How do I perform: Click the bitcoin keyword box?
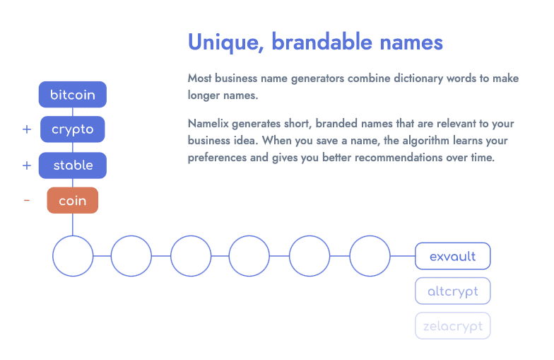(x=72, y=95)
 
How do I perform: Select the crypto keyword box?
(x=72, y=129)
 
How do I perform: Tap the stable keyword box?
(x=72, y=166)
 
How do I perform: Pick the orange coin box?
(x=72, y=200)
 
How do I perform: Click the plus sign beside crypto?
(x=27, y=129)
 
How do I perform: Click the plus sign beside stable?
(x=27, y=166)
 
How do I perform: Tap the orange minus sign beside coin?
(x=27, y=201)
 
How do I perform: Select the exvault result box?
(x=452, y=256)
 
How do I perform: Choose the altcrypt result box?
(x=452, y=291)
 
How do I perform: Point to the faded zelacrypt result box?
(x=452, y=325)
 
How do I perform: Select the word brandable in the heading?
(x=322, y=42)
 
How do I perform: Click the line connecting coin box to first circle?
(x=73, y=225)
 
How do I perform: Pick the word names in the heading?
(x=411, y=42)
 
